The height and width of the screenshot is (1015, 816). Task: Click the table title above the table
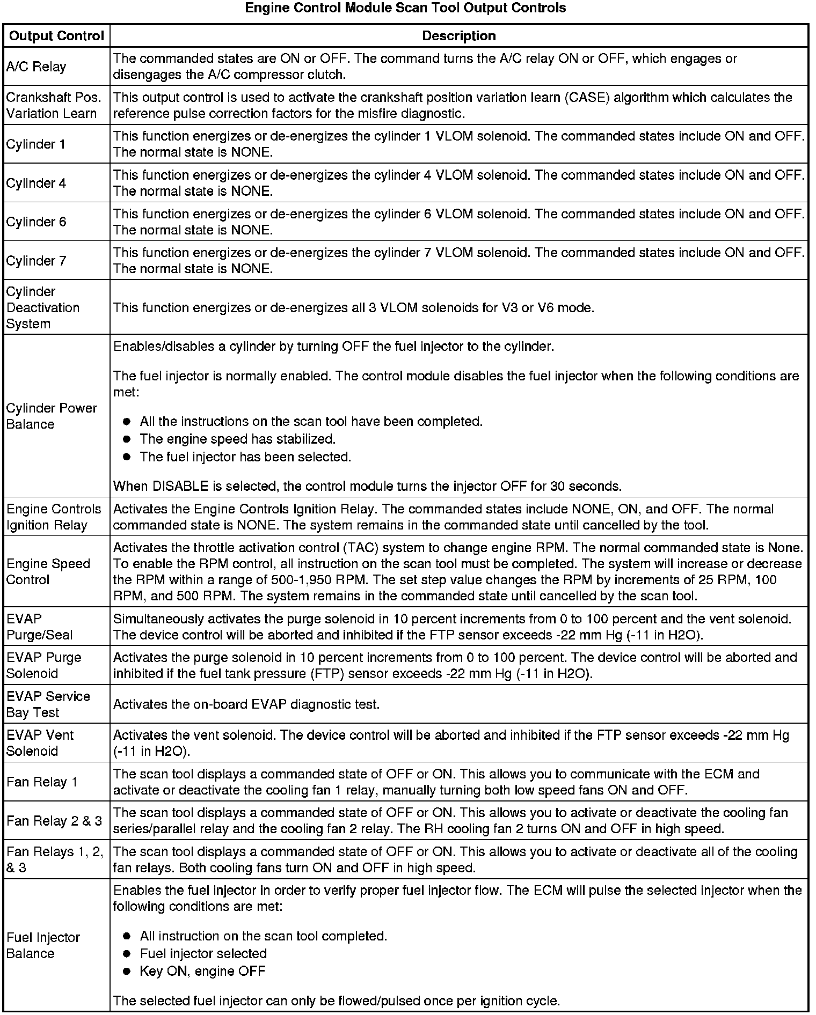[x=405, y=8]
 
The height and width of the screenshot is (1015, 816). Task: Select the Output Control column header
[x=56, y=36]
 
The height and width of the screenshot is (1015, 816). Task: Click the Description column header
[x=458, y=36]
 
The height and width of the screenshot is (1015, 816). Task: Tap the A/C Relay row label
[x=36, y=67]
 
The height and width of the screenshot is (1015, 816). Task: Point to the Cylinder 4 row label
[x=36, y=183]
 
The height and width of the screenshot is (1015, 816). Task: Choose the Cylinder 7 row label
[x=36, y=261]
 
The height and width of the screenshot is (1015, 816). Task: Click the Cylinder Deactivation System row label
[x=42, y=307]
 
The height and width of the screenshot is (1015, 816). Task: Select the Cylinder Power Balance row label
[x=52, y=416]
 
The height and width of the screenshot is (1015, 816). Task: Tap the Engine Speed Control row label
[x=48, y=571]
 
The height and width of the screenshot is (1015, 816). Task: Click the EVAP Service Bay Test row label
[x=48, y=704]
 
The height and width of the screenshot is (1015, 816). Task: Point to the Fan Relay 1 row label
[x=42, y=782]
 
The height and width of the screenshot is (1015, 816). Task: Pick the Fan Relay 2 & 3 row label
[x=54, y=821]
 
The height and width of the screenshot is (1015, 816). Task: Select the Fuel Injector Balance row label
[x=43, y=945]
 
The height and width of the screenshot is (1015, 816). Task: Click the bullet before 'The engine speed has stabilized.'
[x=127, y=439]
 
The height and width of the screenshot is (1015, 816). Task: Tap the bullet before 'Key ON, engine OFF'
[x=127, y=971]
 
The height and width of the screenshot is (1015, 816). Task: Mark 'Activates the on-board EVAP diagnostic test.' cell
[x=246, y=704]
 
